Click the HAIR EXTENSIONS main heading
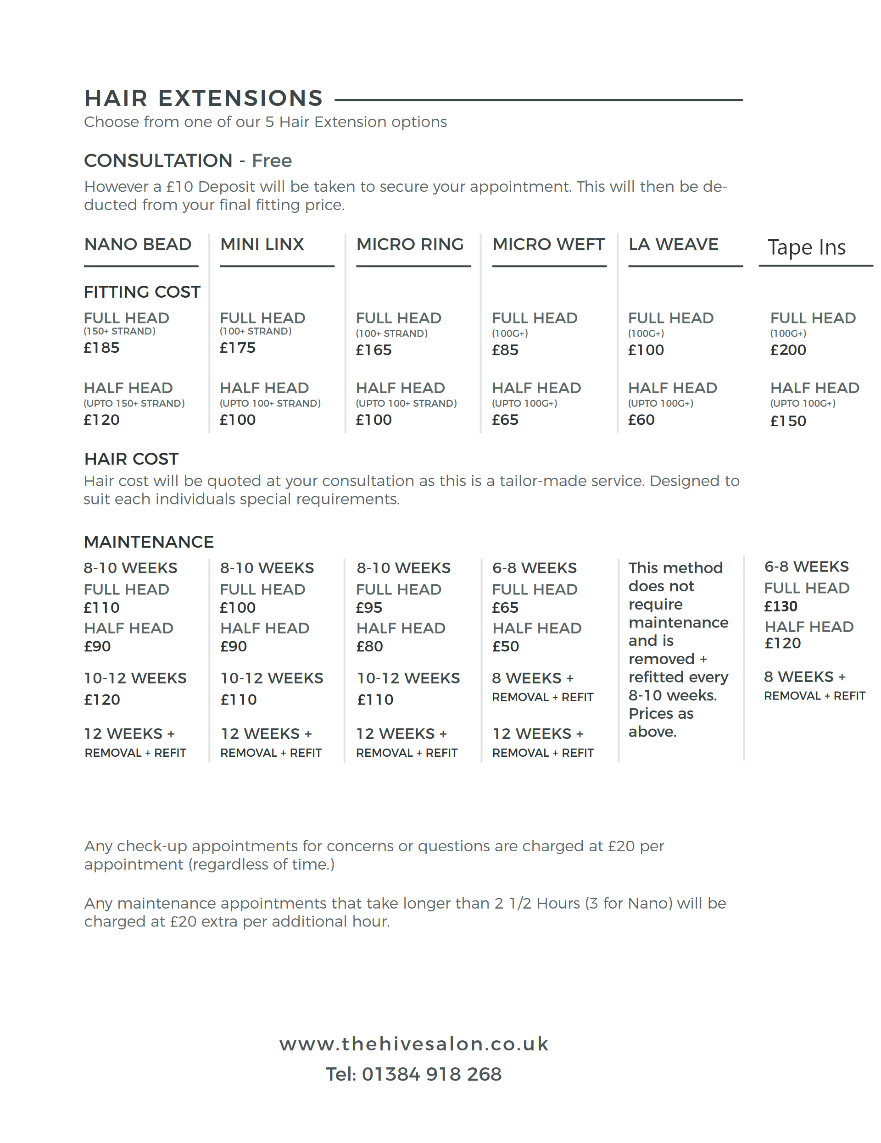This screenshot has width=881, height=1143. [203, 99]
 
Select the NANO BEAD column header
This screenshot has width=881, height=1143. [138, 244]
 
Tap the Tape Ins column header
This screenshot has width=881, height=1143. [806, 248]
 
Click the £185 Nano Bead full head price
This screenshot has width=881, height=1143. [101, 348]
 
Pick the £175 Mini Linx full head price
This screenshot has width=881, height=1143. [238, 348]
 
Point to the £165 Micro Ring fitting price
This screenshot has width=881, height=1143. [374, 350]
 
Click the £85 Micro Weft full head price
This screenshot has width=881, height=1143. [505, 350]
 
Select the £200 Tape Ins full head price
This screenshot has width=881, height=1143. [788, 350]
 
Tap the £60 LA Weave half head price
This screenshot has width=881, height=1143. [641, 420]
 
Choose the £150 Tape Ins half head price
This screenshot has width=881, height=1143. [788, 422]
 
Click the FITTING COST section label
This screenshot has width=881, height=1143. [142, 292]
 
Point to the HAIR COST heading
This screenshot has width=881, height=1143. [131, 459]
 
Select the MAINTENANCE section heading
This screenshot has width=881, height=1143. [149, 542]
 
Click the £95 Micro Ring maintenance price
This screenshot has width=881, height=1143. [369, 608]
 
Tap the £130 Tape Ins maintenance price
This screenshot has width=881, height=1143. [781, 606]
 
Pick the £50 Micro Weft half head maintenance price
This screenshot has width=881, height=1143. [506, 647]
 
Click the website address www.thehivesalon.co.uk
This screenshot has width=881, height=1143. [413, 1044]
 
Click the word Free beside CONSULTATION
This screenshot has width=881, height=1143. [272, 161]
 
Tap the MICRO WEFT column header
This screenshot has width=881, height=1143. [548, 244]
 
